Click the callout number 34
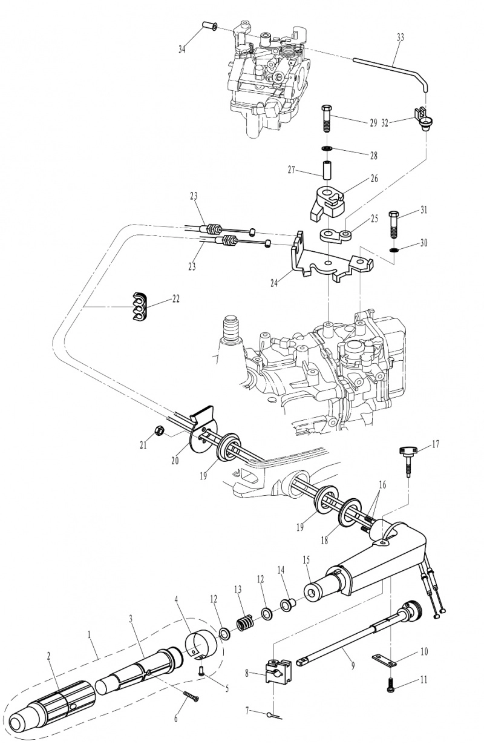click(181, 50)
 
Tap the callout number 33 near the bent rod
click(401, 38)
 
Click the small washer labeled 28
click(326, 148)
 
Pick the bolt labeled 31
click(394, 224)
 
